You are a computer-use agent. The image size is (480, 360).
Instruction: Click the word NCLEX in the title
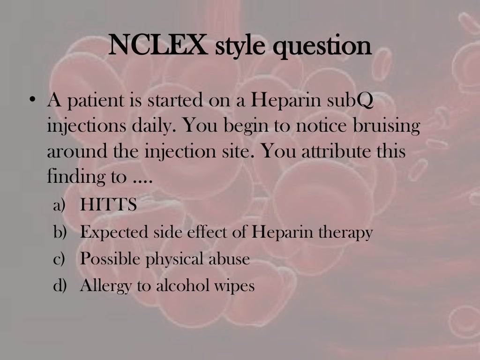[x=158, y=46]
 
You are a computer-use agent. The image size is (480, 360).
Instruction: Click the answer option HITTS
[x=108, y=205]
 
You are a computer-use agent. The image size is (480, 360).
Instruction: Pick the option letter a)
[x=60, y=205]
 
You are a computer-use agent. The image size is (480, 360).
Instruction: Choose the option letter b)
[x=60, y=232]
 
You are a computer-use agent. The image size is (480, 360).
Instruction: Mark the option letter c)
[x=60, y=258]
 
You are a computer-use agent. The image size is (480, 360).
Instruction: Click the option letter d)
[x=60, y=285]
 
